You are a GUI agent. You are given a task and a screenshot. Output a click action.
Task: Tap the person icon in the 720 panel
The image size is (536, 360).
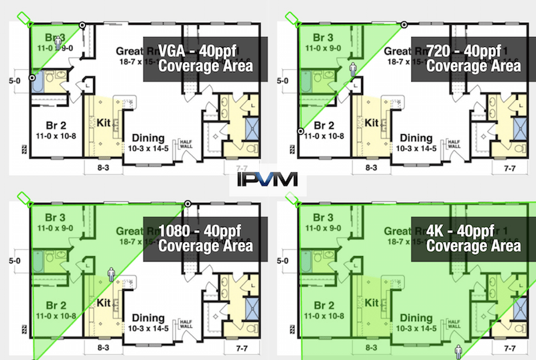coord(353,68)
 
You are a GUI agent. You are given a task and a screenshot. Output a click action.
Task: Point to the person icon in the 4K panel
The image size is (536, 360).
coord(459,351)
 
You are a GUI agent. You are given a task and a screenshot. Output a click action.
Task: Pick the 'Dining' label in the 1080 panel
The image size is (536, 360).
coord(150,318)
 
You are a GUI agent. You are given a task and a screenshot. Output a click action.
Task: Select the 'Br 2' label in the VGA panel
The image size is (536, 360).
coord(46,125)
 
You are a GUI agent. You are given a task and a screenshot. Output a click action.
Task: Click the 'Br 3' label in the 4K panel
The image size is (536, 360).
coord(324,217)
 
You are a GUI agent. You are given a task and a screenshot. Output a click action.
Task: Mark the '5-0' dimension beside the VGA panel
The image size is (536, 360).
coord(13,80)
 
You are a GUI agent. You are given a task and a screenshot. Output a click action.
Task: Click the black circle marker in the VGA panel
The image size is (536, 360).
coord(82,25)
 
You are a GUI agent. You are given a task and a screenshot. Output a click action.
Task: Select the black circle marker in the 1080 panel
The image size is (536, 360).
coord(188,204)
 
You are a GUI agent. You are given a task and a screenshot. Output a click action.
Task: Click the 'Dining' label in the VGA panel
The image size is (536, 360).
coord(150,137)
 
